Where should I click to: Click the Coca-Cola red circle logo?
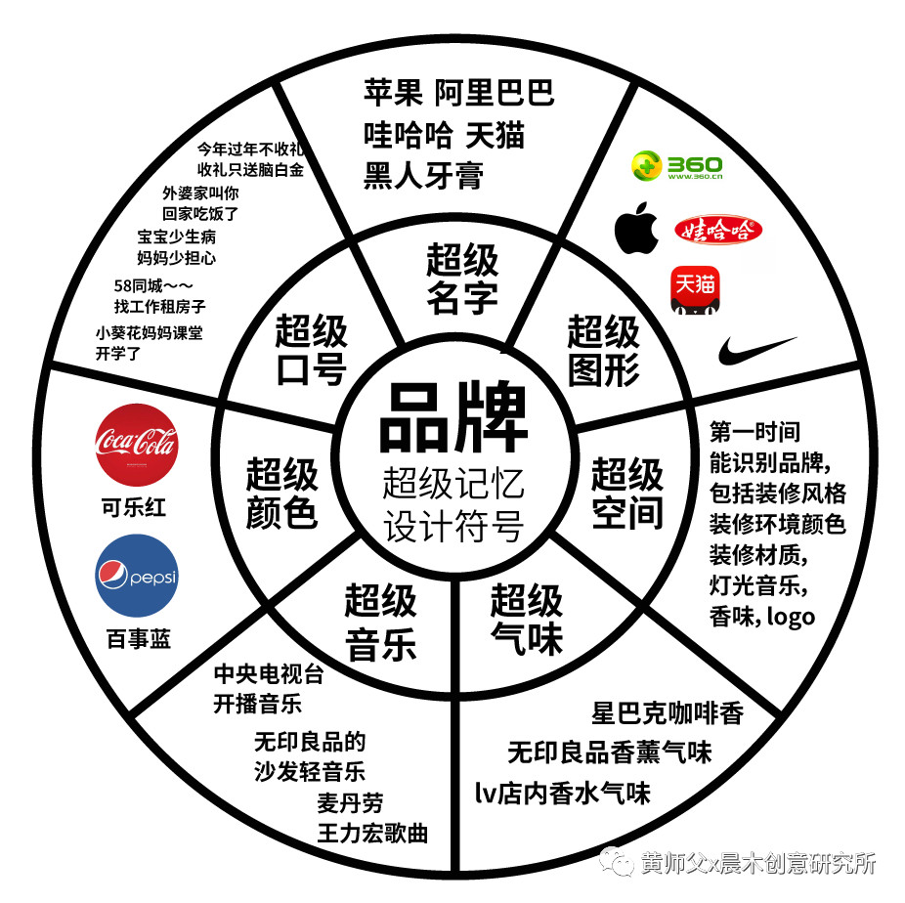pyautogui.click(x=136, y=445)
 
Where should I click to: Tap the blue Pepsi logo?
pyautogui.click(x=136, y=576)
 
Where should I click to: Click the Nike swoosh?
pyautogui.click(x=756, y=351)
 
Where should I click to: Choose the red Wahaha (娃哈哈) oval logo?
pyautogui.click(x=719, y=232)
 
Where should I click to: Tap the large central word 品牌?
pyautogui.click(x=453, y=417)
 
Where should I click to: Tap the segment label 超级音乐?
pyautogui.click(x=380, y=622)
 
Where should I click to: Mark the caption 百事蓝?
pyautogui.click(x=138, y=639)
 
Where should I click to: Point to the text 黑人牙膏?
pyautogui.click(x=423, y=177)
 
